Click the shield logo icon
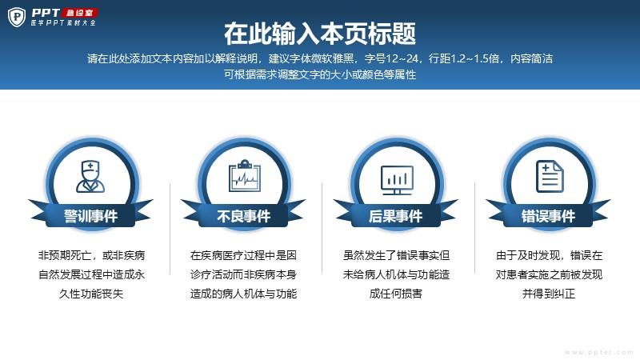pyautogui.click(x=17, y=17)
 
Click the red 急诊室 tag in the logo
pyautogui.click(x=80, y=13)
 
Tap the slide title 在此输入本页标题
pyautogui.click(x=320, y=34)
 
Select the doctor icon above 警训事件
pyautogui.click(x=90, y=176)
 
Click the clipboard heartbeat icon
pyautogui.click(x=245, y=175)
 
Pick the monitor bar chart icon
pyautogui.click(x=397, y=179)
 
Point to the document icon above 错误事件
pyautogui.click(x=550, y=176)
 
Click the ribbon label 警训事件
pyautogui.click(x=90, y=216)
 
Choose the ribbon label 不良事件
pyautogui.click(x=244, y=216)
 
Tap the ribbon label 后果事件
pyautogui.click(x=395, y=216)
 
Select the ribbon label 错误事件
pyautogui.click(x=549, y=216)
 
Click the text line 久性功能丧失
pyautogui.click(x=91, y=294)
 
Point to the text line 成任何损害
pyautogui.click(x=396, y=294)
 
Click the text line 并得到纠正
pyautogui.click(x=549, y=294)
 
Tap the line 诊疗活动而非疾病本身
pyautogui.click(x=244, y=274)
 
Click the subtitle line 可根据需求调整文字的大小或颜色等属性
pyautogui.click(x=320, y=74)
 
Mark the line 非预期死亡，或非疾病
pyautogui.click(x=91, y=255)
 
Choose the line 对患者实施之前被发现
pyautogui.click(x=549, y=274)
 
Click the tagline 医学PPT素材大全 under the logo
pyautogui.click(x=63, y=23)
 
